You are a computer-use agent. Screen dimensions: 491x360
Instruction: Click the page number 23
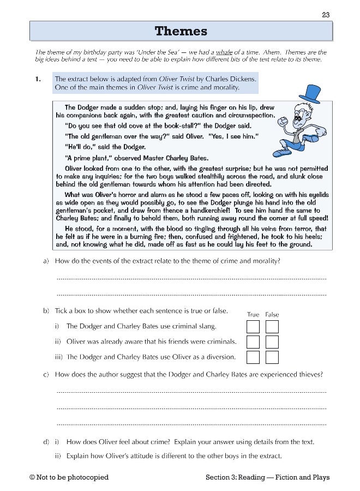[326, 15]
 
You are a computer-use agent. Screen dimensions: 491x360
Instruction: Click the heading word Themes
[181, 31]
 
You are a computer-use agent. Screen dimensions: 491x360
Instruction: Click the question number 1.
[38, 79]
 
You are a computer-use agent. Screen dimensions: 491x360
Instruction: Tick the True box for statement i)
[253, 327]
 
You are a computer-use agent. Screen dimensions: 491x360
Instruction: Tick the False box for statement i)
[272, 327]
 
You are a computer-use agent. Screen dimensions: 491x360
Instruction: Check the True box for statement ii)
[253, 342]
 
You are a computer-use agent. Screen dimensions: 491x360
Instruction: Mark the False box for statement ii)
[272, 342]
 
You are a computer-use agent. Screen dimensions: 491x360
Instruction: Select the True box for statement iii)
[253, 357]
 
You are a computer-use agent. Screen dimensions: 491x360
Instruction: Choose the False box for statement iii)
[272, 357]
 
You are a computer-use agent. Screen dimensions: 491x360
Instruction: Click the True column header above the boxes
[253, 315]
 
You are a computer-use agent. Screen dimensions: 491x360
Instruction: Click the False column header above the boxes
[272, 315]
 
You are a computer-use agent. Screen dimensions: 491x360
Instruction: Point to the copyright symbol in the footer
[33, 477]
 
